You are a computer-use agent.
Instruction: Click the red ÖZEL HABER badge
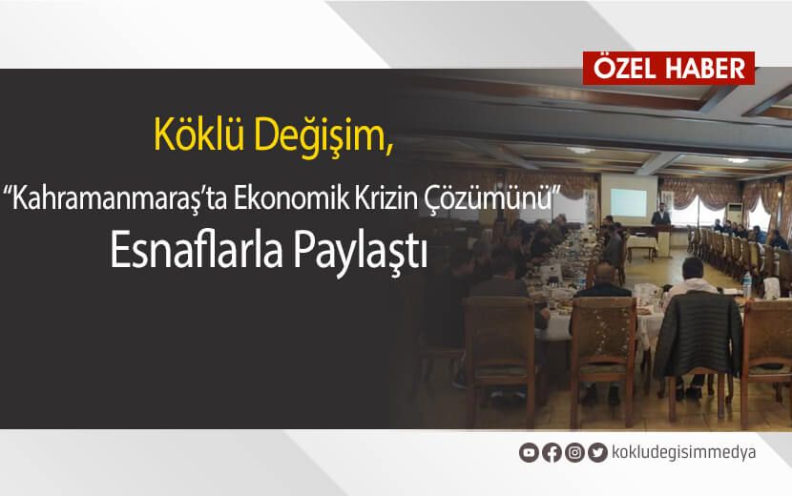pyautogui.click(x=669, y=69)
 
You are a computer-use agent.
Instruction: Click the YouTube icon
pyautogui.click(x=528, y=453)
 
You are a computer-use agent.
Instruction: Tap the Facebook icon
pyautogui.click(x=551, y=453)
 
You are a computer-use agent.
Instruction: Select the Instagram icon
pyautogui.click(x=574, y=453)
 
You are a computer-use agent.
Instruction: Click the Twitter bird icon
pyautogui.click(x=597, y=453)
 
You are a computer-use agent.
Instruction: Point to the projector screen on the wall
pyautogui.click(x=634, y=200)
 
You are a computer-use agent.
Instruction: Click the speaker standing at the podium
pyautogui.click(x=660, y=225)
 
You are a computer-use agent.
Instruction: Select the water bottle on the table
pyautogui.click(x=746, y=283)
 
